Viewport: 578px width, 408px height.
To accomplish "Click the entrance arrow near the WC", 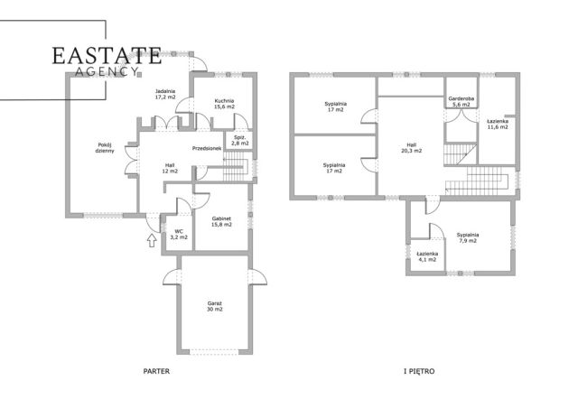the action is tap(152, 240).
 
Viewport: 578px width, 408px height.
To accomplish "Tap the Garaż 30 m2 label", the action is tap(215, 306).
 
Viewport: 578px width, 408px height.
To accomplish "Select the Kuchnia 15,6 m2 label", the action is tap(224, 104).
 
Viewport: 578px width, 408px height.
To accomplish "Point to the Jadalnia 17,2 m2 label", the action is tap(165, 94).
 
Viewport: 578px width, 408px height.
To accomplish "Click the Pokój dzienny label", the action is tap(105, 147).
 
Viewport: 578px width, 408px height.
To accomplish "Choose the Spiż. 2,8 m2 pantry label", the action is tap(240, 140).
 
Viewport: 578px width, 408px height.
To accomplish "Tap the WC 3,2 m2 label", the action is tap(179, 234).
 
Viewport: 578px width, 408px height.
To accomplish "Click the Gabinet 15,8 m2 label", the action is tap(221, 221).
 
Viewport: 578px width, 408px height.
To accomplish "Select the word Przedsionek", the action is tap(207, 149).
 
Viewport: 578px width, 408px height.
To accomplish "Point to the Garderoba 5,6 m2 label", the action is tap(461, 102).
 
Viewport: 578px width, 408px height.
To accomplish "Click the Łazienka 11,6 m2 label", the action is tap(498, 124).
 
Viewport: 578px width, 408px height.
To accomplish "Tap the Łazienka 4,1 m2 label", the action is tap(427, 256).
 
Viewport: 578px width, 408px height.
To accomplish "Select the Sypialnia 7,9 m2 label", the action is tap(468, 237).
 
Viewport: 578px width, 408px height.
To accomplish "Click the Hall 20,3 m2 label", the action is tap(412, 148).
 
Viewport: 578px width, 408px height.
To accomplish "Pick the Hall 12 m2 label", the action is tap(170, 168).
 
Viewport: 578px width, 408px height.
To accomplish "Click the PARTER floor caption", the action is tap(156, 371).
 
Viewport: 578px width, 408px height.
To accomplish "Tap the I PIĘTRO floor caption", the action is tap(419, 371).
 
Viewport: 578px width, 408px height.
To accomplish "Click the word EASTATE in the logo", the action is tap(107, 56).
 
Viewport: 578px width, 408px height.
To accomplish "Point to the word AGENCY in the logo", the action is tap(107, 71).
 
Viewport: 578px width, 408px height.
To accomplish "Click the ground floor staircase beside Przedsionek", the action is tap(236, 167).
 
